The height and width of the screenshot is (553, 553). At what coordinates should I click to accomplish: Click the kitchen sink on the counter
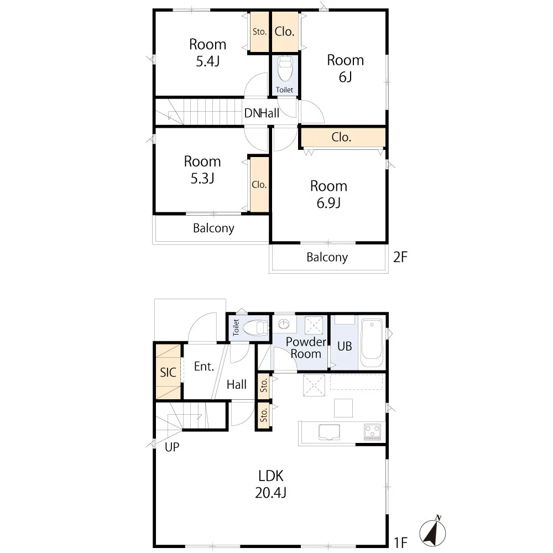click(329, 432)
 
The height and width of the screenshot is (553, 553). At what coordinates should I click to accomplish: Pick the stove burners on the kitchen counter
click(372, 432)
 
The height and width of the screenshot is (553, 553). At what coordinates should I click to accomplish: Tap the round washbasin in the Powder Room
click(284, 324)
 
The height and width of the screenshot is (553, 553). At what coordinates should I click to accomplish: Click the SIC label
click(168, 372)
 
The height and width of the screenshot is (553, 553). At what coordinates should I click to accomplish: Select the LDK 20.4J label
click(270, 484)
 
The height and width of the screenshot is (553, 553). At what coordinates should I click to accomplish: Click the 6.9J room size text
click(328, 203)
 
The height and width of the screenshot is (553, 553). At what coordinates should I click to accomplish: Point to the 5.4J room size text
click(208, 61)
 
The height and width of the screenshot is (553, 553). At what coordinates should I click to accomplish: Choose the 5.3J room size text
click(202, 179)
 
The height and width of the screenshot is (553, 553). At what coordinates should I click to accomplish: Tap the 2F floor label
click(400, 257)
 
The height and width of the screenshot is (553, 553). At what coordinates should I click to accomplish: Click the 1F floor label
click(400, 542)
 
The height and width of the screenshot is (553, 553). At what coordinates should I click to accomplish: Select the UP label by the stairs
click(172, 447)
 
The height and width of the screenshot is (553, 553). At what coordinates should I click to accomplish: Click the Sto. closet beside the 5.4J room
click(259, 32)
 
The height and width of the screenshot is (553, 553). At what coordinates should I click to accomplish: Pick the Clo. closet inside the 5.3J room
click(259, 185)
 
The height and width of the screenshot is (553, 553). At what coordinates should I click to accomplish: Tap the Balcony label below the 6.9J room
click(327, 257)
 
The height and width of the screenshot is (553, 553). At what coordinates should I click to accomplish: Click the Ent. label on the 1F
click(204, 367)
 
